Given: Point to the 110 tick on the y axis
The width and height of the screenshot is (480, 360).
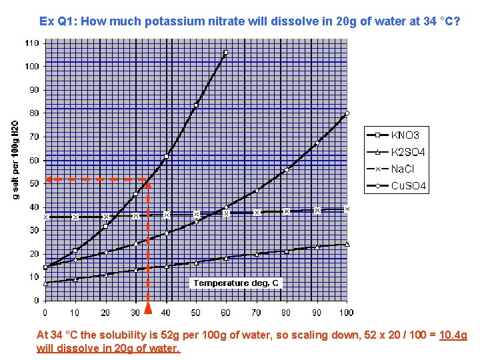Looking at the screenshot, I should [32, 43].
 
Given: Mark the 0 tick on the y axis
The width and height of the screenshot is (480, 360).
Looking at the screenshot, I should [36, 301].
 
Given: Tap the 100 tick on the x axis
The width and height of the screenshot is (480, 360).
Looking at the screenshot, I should [346, 312].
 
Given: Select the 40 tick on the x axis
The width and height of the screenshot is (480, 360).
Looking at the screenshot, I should [165, 312].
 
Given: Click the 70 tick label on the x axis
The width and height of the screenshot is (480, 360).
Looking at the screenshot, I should [256, 312].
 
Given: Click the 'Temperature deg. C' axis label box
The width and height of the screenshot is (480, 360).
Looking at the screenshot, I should [236, 283].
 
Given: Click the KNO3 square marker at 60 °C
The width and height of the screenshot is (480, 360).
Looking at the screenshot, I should [225, 53].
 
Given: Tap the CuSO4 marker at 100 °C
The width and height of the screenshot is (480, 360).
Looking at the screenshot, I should [347, 113].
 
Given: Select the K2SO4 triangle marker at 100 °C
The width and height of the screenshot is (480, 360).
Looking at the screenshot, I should [347, 244].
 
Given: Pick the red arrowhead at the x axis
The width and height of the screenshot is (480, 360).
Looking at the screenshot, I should [148, 308].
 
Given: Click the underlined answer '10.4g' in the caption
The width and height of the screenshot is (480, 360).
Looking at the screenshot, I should [453, 335].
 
